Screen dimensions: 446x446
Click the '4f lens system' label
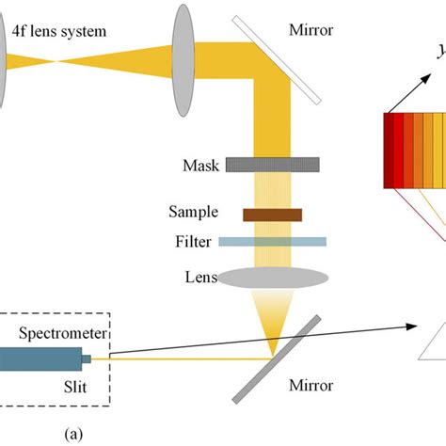coord(59,32)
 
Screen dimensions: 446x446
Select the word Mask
coord(200,167)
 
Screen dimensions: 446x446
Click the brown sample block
coord(272,215)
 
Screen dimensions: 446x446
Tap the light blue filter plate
coord(272,242)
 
